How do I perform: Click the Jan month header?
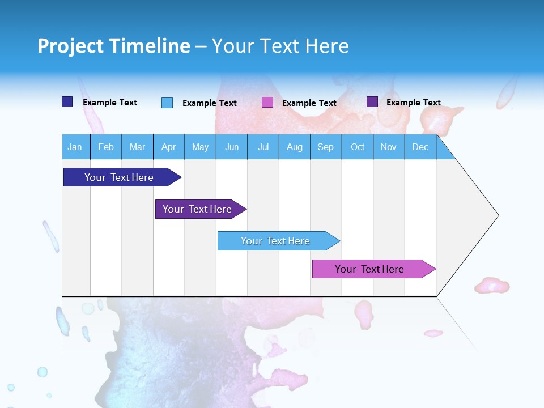click(75, 147)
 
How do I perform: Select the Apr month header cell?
click(169, 147)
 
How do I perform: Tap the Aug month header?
click(295, 147)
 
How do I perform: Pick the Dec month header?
click(420, 147)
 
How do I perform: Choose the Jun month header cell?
click(232, 147)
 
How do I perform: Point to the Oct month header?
click(358, 147)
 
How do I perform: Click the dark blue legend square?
click(67, 102)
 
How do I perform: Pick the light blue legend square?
click(167, 103)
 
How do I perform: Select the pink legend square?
click(267, 103)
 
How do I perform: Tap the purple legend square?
click(372, 102)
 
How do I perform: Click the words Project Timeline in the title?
click(114, 46)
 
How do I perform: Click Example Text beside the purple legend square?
click(414, 103)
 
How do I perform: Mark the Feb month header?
click(106, 147)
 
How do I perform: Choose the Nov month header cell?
click(389, 147)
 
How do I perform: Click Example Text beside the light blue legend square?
click(210, 103)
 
